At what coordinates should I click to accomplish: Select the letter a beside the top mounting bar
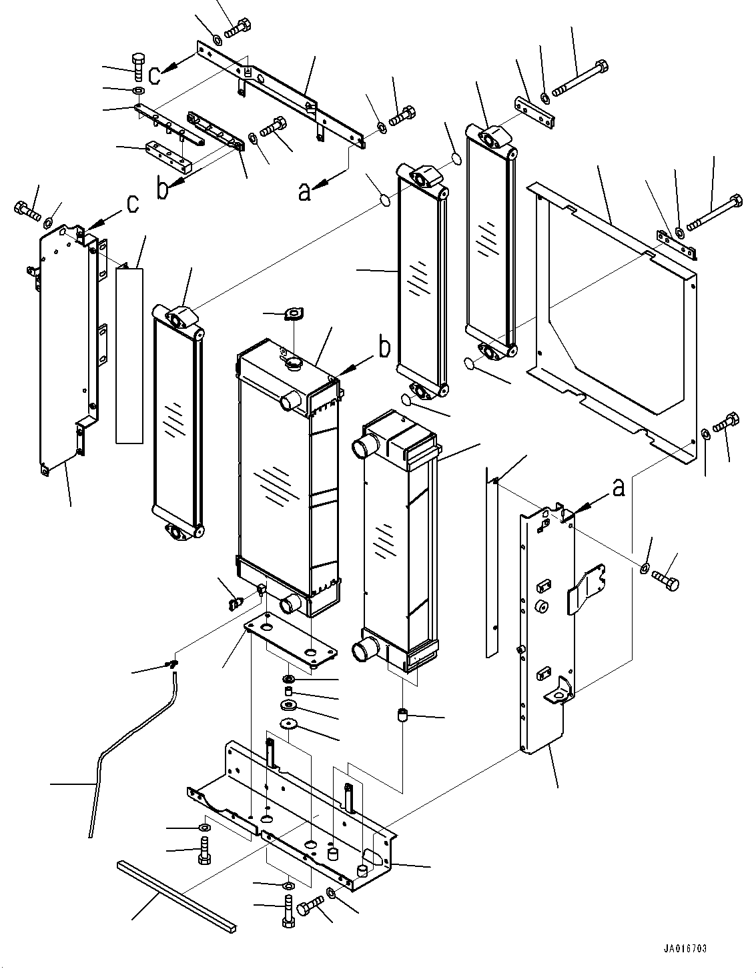304,191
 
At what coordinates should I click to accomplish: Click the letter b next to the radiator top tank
384,347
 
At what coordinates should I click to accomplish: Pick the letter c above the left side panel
133,203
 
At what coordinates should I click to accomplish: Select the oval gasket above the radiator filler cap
294,314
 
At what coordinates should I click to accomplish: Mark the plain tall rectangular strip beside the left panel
129,355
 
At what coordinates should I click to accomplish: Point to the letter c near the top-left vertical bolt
153,75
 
